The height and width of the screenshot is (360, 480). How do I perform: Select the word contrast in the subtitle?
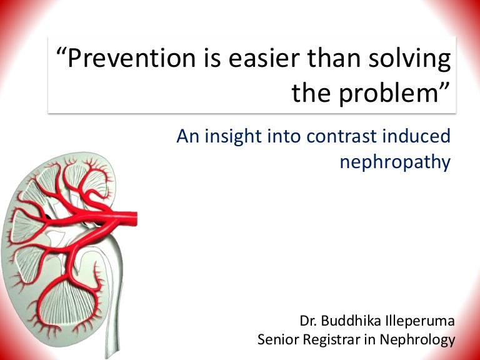(x=342, y=137)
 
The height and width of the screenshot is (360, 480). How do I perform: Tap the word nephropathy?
(x=394, y=162)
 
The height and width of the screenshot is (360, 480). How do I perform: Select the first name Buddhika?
(x=350, y=322)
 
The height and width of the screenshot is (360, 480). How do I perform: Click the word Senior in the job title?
(x=277, y=340)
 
